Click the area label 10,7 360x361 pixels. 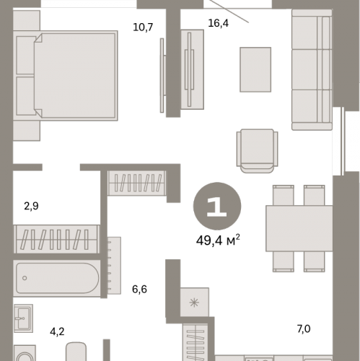(143, 27)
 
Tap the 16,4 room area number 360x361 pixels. (218, 23)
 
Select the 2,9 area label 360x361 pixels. (31, 206)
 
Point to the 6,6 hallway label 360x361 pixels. (139, 289)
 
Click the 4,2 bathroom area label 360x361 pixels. (57, 331)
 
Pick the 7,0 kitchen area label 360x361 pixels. (304, 329)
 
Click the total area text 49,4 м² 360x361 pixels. (218, 240)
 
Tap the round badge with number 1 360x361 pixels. (217, 206)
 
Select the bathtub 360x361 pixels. (57, 278)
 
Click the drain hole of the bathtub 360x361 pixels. (25, 278)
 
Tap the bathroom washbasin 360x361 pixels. (23, 318)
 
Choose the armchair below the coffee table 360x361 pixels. (257, 151)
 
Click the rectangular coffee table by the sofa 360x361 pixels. (255, 69)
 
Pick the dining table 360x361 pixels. (299, 228)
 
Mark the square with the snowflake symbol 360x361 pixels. (194, 303)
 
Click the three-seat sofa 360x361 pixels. (312, 70)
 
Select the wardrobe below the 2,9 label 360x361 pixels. (57, 239)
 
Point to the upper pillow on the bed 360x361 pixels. (26, 55)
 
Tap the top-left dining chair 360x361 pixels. (284, 195)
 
